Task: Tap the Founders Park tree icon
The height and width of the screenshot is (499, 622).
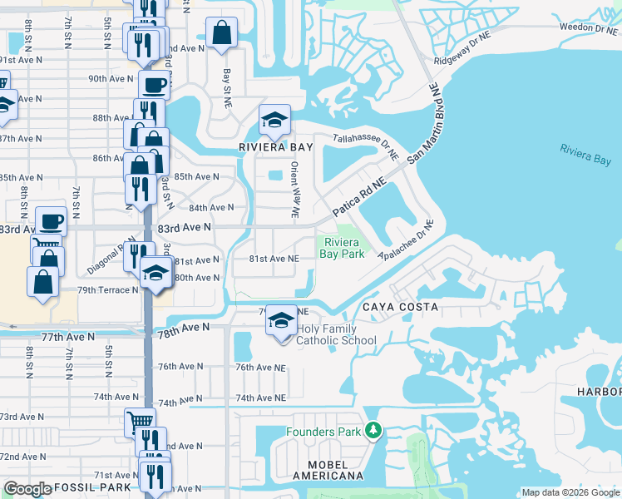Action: pyautogui.click(x=374, y=430)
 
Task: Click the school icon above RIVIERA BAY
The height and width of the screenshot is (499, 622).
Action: pyautogui.click(x=274, y=121)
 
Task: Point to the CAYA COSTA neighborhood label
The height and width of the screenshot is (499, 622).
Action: pyautogui.click(x=399, y=307)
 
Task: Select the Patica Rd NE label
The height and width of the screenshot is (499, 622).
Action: pyautogui.click(x=360, y=200)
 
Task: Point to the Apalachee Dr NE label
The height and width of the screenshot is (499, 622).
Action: pyautogui.click(x=407, y=241)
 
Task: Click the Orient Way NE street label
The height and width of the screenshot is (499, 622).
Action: pyautogui.click(x=294, y=190)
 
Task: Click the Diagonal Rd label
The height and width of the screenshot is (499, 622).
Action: pyautogui.click(x=105, y=259)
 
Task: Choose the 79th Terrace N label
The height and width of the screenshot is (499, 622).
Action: pyautogui.click(x=108, y=290)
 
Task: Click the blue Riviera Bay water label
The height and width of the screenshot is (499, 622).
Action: pyautogui.click(x=585, y=153)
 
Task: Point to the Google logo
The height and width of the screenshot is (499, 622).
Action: pyautogui.click(x=27, y=489)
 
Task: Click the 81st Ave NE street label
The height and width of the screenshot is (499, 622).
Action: pyautogui.click(x=274, y=259)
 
